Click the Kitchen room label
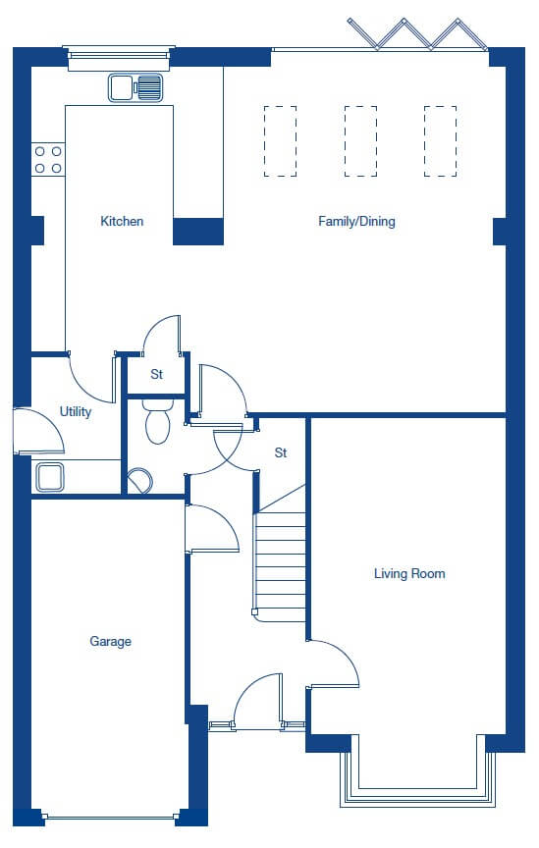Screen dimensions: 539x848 coord(122,221)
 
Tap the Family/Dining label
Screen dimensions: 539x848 coord(356,221)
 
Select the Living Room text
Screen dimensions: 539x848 coord(409,573)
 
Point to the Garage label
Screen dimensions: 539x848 coord(110,642)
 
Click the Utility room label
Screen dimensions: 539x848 coord(76,411)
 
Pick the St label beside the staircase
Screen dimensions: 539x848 coord(281,452)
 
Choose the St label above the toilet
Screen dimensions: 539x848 coord(156,374)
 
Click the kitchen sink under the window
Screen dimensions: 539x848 coord(135,87)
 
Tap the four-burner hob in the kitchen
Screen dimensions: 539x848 coord(48,160)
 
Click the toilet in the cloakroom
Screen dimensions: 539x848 coord(158,421)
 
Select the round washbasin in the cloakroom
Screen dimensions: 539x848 coord(140,480)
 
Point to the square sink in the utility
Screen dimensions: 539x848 coord(50,477)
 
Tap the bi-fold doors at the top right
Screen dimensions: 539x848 coord(418,33)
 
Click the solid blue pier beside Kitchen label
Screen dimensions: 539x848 coord(198,232)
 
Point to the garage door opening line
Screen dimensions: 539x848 coord(110,818)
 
